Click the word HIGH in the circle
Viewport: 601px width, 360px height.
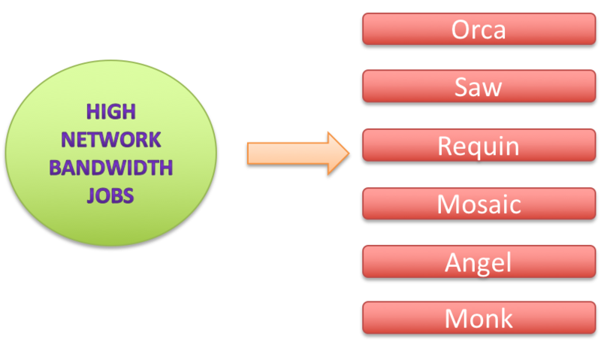click(x=111, y=112)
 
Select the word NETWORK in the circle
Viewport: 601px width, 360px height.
click(x=110, y=139)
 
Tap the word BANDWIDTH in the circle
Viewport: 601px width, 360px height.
click(x=110, y=167)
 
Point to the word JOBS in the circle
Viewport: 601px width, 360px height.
click(x=110, y=195)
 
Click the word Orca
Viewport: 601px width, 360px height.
click(x=479, y=29)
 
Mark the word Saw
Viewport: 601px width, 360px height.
click(x=479, y=87)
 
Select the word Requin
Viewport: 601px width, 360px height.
click(x=479, y=146)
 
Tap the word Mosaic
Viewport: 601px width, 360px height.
click(x=479, y=203)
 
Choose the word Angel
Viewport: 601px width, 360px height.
click(x=479, y=262)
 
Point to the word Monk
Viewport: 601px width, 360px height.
click(x=479, y=318)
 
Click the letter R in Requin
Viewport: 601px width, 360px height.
click(x=445, y=145)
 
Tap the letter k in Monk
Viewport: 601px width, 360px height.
click(x=505, y=318)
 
